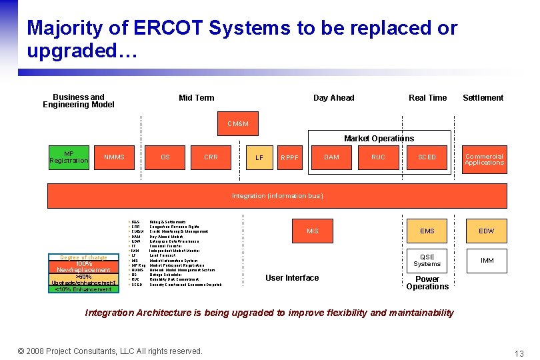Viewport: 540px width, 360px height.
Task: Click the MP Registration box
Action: (69, 157)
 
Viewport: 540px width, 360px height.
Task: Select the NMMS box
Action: (114, 157)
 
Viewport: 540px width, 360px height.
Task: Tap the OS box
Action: (165, 157)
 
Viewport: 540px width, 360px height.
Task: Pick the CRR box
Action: (211, 157)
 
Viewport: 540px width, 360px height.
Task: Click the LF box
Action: (259, 158)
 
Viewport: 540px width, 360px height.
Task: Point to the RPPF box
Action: (289, 158)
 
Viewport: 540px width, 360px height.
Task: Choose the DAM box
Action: (331, 157)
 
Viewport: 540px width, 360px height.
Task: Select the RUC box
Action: (378, 157)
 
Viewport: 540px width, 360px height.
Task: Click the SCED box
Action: (427, 157)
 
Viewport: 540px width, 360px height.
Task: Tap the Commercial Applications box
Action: (484, 159)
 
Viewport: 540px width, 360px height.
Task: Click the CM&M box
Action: (238, 123)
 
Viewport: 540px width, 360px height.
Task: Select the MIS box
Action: (313, 231)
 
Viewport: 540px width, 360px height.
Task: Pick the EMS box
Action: (427, 231)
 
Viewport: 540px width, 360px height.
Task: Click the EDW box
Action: (487, 231)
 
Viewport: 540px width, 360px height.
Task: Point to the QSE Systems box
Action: (427, 260)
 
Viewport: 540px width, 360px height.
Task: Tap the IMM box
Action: (487, 260)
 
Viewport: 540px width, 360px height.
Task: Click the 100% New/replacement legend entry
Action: (83, 267)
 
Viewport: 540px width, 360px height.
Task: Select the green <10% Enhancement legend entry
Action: (83, 289)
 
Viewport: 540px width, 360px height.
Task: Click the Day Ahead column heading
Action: (333, 98)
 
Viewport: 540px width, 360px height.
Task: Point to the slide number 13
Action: (519, 353)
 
